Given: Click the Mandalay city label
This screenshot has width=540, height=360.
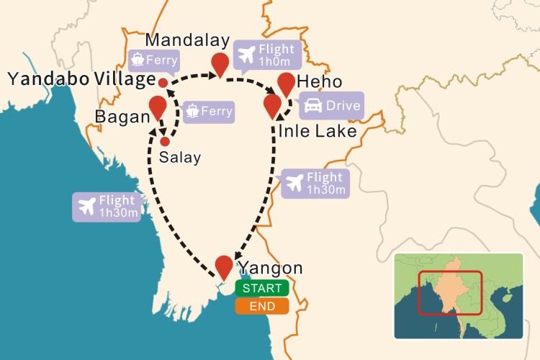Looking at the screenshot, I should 187,40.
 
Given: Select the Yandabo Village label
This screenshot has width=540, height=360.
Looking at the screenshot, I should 81,79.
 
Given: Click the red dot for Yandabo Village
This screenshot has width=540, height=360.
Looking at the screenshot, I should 163,84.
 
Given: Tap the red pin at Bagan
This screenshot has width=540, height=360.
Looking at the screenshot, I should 158,107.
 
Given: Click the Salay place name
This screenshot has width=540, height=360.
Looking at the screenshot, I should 180,158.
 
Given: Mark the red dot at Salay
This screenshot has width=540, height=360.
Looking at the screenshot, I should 165,141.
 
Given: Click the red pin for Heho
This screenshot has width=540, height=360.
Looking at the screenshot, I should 287,83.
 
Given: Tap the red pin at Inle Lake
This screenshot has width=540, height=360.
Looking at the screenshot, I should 272,105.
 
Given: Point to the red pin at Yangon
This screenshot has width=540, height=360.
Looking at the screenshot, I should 225,266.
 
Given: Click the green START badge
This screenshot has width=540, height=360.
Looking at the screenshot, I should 261,289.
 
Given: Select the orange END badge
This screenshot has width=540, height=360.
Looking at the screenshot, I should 261,307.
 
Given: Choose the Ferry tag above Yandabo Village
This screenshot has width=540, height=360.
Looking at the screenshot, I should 153,60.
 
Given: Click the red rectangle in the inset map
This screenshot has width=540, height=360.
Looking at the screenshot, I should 450,292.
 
